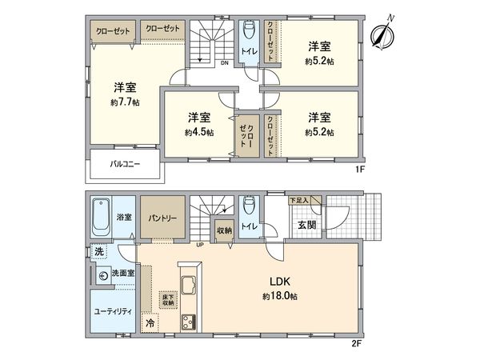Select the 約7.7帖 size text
coord(125,103)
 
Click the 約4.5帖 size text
coord(198,132)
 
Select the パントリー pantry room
coord(162,217)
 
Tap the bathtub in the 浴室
coord(102,215)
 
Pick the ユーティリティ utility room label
coord(111,310)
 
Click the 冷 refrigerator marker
coord(150,323)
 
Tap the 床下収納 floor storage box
coord(168,299)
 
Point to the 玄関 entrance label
coord(306,225)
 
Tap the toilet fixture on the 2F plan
coord(249,206)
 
